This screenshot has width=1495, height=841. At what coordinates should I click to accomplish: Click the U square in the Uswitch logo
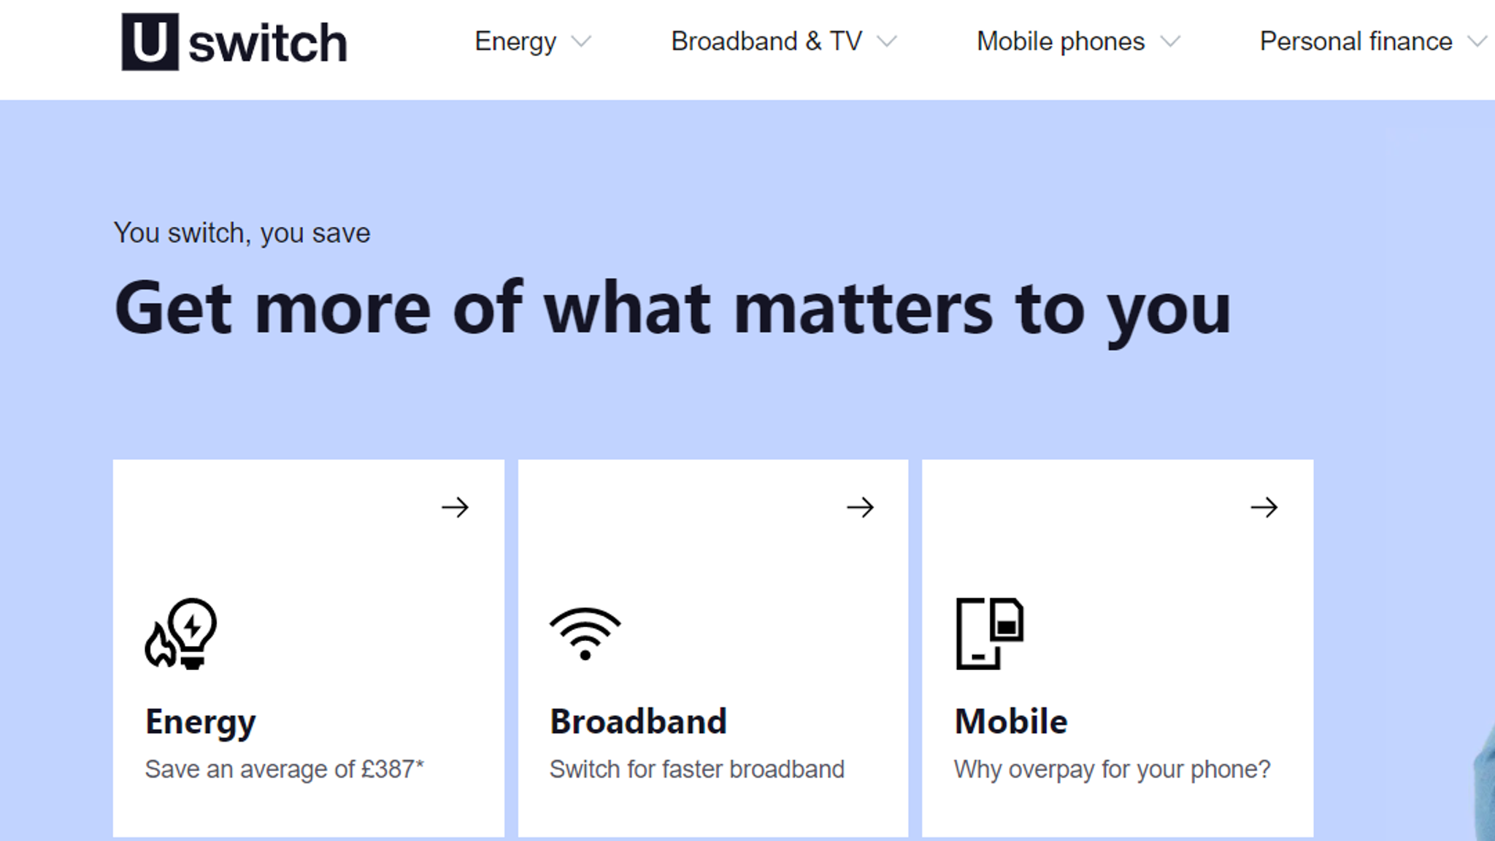150,42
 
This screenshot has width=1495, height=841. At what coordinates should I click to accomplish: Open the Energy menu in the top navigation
515,42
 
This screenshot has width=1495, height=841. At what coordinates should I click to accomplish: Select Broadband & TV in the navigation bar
766,41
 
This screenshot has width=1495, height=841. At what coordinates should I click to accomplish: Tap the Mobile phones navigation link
1061,42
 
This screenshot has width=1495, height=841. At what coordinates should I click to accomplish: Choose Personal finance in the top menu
1356,42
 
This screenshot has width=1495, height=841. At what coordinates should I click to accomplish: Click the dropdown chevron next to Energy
581,42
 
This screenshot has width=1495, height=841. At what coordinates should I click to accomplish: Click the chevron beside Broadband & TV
887,42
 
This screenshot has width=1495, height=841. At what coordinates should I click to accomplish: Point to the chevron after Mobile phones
1170,42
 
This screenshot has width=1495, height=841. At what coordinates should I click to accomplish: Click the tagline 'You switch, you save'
242,234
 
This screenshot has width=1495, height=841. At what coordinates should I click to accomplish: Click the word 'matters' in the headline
863,309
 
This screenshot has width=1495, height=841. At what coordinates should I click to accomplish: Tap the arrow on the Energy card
456,507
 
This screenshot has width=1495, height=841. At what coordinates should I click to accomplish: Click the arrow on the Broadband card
860,507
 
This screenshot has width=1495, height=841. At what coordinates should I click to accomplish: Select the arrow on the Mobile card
1264,507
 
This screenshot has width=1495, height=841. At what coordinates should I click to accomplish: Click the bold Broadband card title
639,721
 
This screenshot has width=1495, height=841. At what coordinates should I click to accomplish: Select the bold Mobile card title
1011,721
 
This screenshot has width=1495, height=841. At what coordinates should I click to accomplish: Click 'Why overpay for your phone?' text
1112,769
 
